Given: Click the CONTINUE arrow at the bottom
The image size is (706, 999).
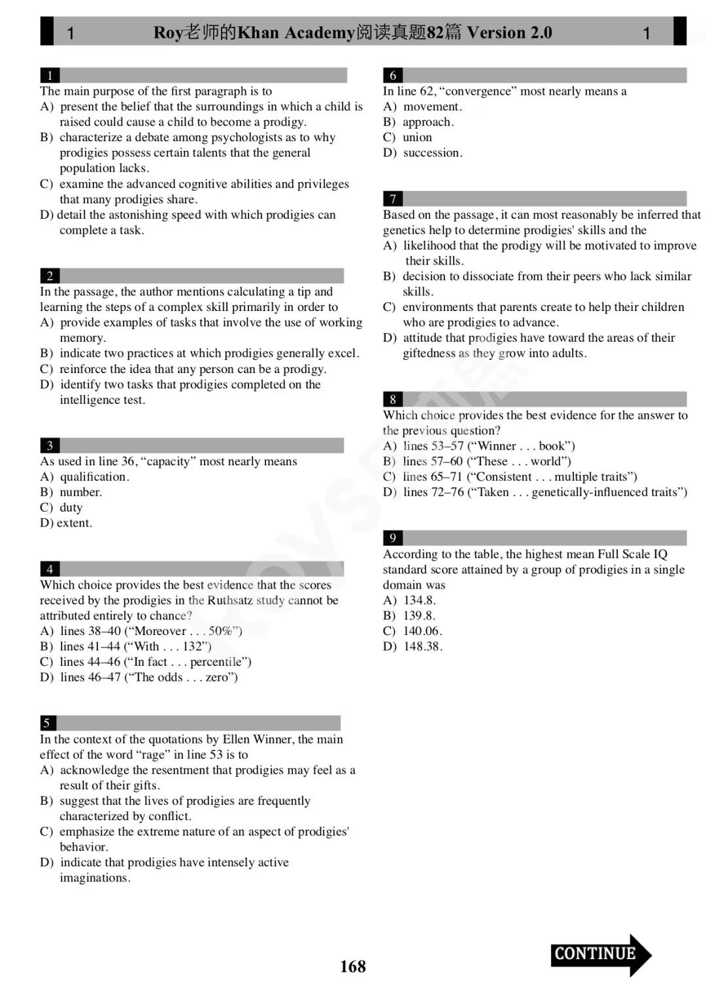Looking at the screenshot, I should pos(600,955).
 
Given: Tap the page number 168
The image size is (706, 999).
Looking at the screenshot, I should pos(353,966).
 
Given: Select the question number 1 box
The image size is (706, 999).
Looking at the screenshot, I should pos(50,75).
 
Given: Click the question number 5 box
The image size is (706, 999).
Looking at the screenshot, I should pos(47,723).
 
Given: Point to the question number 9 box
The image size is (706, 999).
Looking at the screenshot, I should pos(392,538).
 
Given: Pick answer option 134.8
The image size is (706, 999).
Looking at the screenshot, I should pos(419,600).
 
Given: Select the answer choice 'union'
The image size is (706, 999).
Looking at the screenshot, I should pos(417,137).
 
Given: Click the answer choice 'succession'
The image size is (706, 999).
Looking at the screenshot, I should pos(432,153).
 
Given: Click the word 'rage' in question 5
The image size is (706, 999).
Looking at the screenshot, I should pos(153,755).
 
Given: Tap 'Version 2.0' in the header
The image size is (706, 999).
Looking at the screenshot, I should pos(509,33).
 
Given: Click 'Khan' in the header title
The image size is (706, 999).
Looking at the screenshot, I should pos(261,33).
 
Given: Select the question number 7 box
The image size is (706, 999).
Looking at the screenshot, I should pos(392,199).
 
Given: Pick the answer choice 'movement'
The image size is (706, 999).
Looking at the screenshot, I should pos(431,106).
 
